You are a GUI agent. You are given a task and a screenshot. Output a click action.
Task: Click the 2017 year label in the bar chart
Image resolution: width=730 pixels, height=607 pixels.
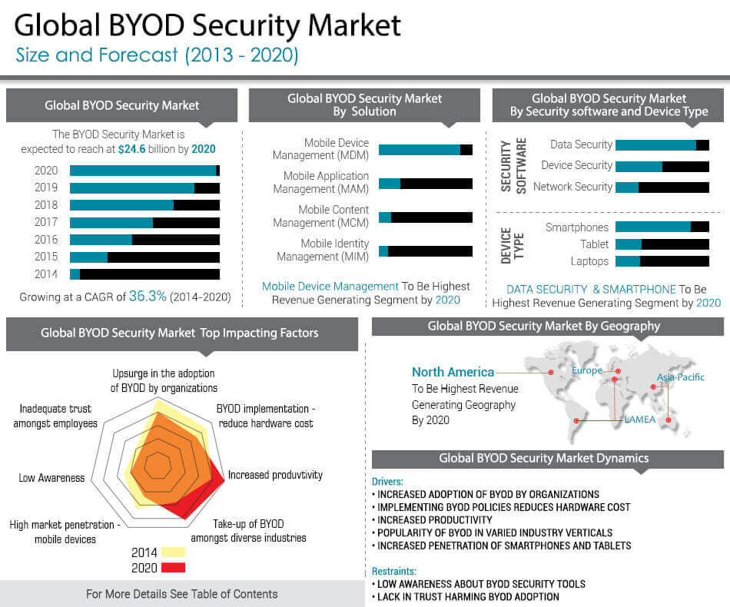pyautogui.click(x=46, y=223)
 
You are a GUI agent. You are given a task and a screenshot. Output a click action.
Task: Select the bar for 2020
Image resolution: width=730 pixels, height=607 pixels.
pyautogui.click(x=144, y=171)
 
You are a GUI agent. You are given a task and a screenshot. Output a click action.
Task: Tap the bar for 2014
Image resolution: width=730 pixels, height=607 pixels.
pyautogui.click(x=144, y=274)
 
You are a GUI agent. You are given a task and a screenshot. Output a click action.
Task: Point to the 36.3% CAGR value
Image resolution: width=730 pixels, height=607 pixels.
pyautogui.click(x=148, y=296)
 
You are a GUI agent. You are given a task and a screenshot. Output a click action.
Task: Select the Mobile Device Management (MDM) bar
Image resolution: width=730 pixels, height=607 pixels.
pyautogui.click(x=425, y=150)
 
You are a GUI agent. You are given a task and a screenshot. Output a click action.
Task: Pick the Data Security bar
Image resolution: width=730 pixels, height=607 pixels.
pyautogui.click(x=662, y=144)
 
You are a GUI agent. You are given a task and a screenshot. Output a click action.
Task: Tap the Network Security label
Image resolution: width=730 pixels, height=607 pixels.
pyautogui.click(x=572, y=187)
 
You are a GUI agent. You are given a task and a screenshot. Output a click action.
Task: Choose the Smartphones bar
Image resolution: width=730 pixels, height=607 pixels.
pyautogui.click(x=662, y=227)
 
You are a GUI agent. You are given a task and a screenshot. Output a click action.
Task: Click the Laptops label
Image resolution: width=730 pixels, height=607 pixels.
pyautogui.click(x=589, y=261)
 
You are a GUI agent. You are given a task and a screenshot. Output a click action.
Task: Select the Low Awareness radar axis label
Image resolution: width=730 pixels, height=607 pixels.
pyautogui.click(x=51, y=478)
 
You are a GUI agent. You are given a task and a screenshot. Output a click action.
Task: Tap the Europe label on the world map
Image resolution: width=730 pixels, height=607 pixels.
pyautogui.click(x=587, y=371)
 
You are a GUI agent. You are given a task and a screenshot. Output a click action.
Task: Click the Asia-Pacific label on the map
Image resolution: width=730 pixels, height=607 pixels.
pyautogui.click(x=680, y=377)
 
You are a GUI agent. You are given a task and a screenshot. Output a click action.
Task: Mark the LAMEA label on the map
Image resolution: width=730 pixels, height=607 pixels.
pyautogui.click(x=640, y=420)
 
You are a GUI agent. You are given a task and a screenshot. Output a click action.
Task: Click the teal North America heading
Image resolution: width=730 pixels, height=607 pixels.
pyautogui.click(x=453, y=373)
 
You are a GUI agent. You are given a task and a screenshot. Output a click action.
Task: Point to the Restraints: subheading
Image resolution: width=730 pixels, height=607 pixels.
pyautogui.click(x=393, y=571)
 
